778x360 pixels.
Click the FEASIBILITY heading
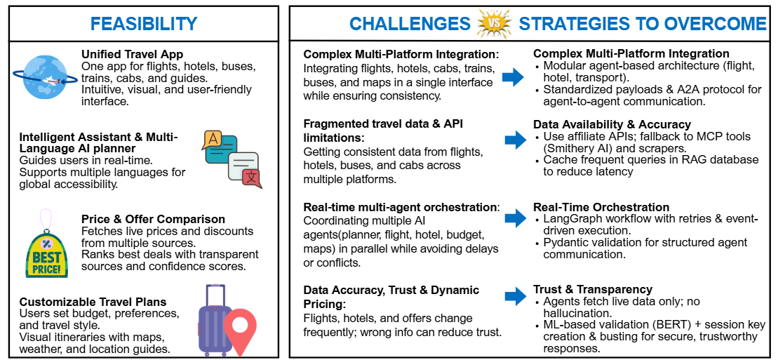point(144,23)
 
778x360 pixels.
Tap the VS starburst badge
point(494,24)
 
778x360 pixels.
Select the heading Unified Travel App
point(132,54)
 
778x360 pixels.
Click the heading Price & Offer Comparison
point(153,220)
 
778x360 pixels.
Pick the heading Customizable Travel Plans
point(93,302)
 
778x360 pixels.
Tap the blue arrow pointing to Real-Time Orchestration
point(516,219)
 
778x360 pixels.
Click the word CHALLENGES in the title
point(410,24)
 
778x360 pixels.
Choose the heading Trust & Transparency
point(593,290)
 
